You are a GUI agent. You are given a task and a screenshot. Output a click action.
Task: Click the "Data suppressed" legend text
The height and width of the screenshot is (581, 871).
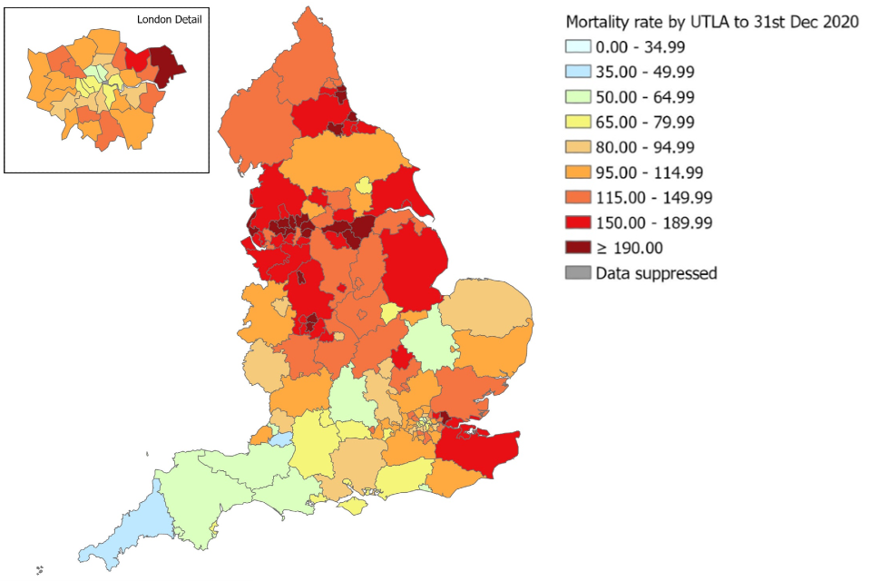click(x=656, y=272)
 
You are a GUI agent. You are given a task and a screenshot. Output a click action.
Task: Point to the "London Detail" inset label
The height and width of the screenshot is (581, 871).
click(x=170, y=19)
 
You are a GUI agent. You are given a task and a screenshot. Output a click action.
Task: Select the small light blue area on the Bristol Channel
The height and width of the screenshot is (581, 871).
click(x=282, y=438)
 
